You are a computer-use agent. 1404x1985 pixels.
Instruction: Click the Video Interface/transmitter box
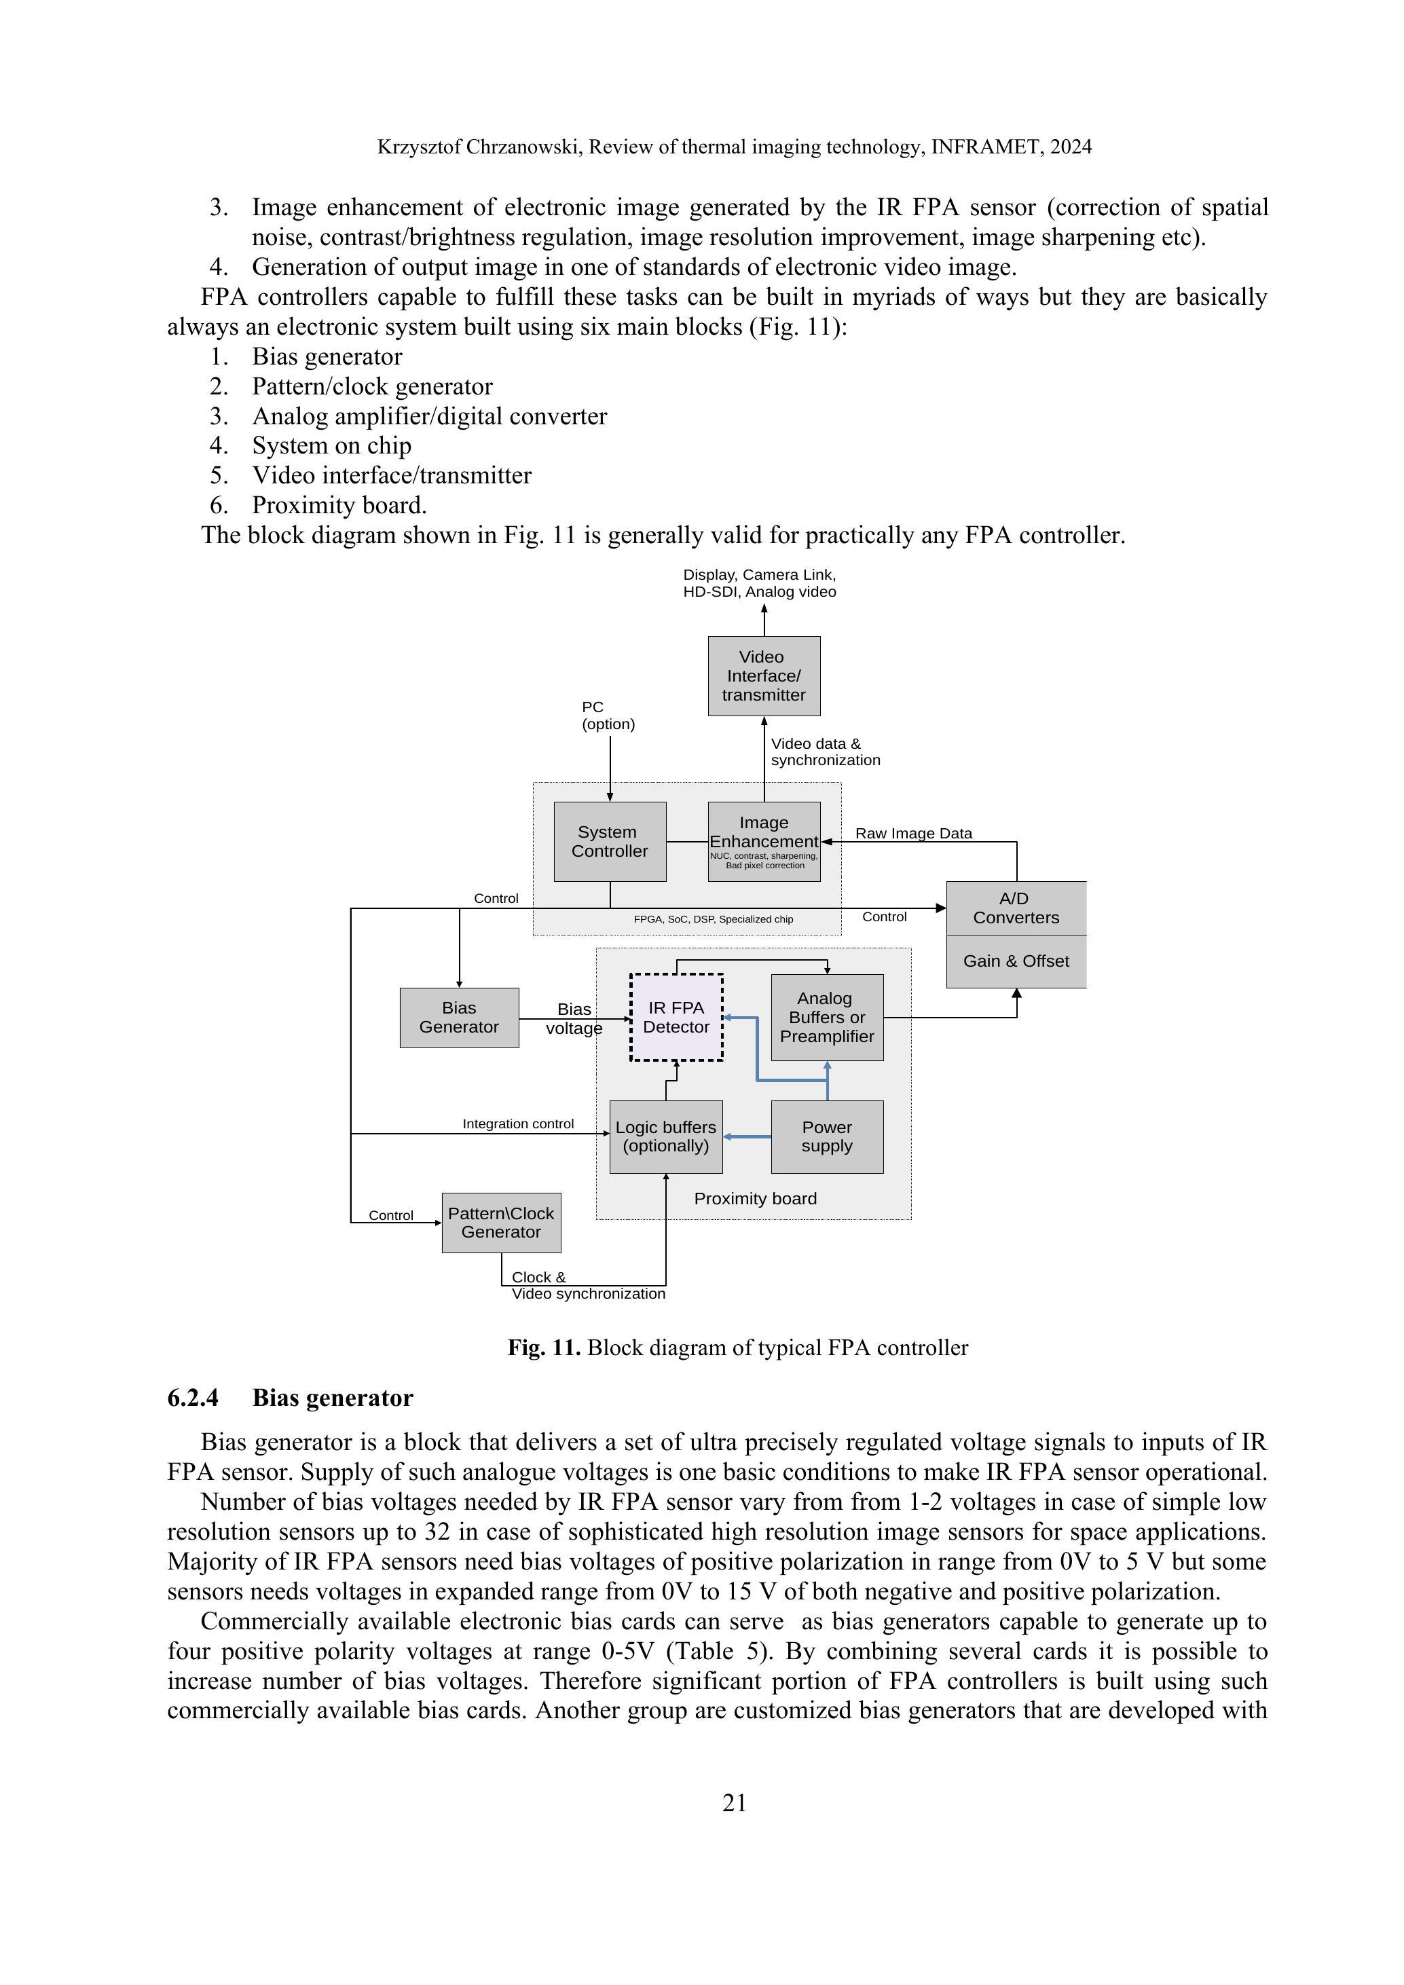click(763, 675)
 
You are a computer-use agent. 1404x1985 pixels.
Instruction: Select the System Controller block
click(610, 841)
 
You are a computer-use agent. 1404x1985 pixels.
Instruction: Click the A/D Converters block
click(1016, 908)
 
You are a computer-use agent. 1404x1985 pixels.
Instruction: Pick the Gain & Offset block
click(1016, 961)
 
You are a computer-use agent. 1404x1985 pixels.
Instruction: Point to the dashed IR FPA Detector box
click(676, 1018)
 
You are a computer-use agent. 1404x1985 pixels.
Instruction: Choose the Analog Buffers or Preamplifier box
click(826, 1018)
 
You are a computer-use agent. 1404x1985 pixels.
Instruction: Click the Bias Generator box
click(459, 1018)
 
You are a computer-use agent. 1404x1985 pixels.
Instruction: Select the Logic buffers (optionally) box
click(666, 1137)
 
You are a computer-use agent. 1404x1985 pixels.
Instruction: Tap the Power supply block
click(826, 1137)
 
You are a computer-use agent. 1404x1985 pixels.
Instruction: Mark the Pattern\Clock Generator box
click(500, 1223)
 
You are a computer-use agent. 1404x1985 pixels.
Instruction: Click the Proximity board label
click(755, 1198)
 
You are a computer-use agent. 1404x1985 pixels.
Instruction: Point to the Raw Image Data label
click(913, 834)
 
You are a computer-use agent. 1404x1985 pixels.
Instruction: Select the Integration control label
click(518, 1124)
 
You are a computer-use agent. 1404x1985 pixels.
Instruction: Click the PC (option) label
click(608, 716)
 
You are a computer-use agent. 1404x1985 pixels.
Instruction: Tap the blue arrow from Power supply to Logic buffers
click(747, 1137)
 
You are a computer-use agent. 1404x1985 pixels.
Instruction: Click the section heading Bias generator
click(332, 1398)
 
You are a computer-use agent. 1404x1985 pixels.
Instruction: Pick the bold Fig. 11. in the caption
click(544, 1348)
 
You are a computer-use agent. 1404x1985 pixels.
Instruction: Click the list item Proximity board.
click(339, 505)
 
